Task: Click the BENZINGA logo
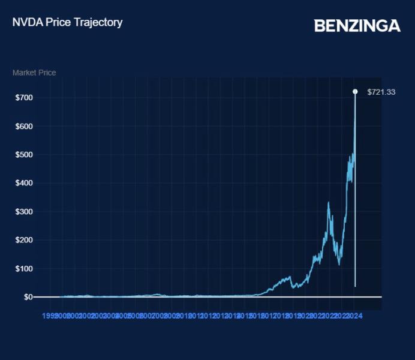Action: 357,26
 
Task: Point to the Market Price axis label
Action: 34,73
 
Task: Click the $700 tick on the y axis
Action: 24,97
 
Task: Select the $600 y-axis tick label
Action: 24,127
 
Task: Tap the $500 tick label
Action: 24,155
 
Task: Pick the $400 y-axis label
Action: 24,183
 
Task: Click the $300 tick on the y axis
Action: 24,212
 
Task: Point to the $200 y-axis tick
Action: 24,240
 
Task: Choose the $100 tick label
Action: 24,268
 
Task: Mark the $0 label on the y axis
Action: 28,297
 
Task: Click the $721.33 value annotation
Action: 381,92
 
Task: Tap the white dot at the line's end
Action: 355,91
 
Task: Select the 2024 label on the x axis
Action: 355,316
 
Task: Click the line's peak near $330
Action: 328,203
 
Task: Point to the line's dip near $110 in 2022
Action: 339,263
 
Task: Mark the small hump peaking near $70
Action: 290,277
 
